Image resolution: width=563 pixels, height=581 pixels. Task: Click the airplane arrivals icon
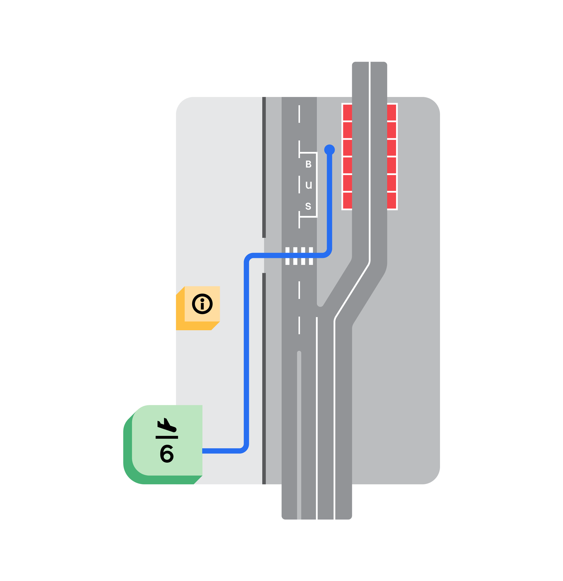[x=167, y=425]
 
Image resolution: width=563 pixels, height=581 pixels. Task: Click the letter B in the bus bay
[x=308, y=164]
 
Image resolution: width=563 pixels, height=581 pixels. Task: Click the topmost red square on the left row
[x=347, y=112]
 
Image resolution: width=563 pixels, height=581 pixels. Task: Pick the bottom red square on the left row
[x=347, y=201]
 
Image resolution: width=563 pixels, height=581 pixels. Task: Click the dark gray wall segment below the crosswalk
[x=264, y=377]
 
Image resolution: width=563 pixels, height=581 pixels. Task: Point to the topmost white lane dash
[x=299, y=114]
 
